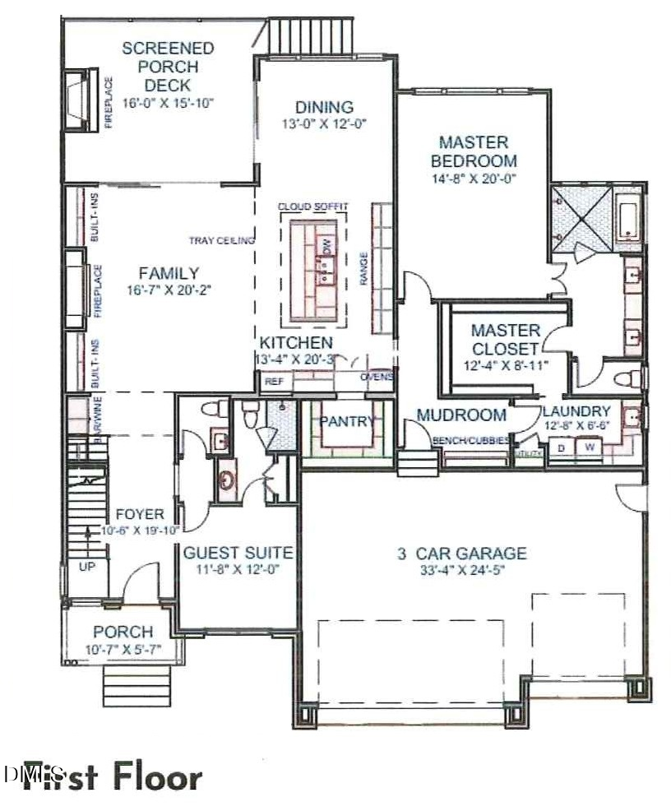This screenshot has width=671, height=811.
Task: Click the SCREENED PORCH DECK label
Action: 168,67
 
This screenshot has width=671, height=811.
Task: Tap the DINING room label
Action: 325,107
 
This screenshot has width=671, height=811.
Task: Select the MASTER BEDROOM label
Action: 474,151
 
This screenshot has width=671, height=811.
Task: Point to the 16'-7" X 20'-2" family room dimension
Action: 168,290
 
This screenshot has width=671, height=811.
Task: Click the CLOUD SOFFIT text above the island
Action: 312,206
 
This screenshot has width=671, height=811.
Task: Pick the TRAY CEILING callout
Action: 221,240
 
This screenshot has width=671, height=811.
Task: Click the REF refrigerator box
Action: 271,382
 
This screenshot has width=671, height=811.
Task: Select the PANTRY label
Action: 347,422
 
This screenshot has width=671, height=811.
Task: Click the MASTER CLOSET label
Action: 506,339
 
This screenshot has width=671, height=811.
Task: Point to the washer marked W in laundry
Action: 590,447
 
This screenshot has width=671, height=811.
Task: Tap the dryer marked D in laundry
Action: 562,447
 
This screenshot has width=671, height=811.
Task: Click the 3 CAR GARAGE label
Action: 461,554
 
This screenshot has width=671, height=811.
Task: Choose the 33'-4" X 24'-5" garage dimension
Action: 461,571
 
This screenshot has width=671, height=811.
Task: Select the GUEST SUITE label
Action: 238,553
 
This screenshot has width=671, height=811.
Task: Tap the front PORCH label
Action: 123,632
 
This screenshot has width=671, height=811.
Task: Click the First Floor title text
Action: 112,776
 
